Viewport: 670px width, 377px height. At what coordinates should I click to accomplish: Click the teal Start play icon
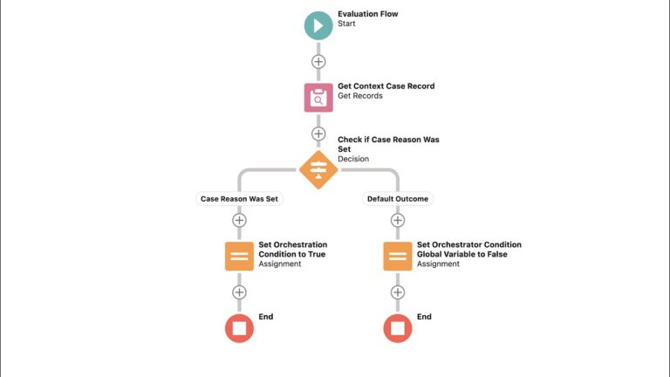pyautogui.click(x=318, y=24)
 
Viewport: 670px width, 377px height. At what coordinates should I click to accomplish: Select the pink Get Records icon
pyautogui.click(x=318, y=97)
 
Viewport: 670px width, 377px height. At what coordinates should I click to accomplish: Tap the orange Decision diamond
pyautogui.click(x=318, y=169)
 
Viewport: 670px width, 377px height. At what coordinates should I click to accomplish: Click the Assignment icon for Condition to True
pyautogui.click(x=239, y=256)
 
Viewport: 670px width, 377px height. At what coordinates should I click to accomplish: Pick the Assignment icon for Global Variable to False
pyautogui.click(x=398, y=256)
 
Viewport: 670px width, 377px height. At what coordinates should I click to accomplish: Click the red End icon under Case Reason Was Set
pyautogui.click(x=239, y=328)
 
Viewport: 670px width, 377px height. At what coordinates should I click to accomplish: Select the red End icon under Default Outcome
pyautogui.click(x=398, y=328)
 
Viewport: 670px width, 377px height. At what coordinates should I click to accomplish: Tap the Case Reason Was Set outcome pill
pyautogui.click(x=239, y=199)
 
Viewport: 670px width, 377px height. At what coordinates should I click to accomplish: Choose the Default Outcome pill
pyautogui.click(x=398, y=199)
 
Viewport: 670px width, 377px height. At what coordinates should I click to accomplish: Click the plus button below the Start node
pyautogui.click(x=318, y=61)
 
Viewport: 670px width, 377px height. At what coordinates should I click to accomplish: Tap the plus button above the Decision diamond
pyautogui.click(x=318, y=134)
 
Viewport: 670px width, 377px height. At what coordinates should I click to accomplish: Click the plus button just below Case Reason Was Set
pyautogui.click(x=239, y=220)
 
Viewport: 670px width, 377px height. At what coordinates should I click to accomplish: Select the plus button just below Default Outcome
pyautogui.click(x=398, y=220)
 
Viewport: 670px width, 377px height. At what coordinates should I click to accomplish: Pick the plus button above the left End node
pyautogui.click(x=239, y=292)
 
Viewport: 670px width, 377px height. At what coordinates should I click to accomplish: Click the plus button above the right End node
pyautogui.click(x=398, y=292)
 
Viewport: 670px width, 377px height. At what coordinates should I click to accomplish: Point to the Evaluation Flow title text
pyautogui.click(x=367, y=14)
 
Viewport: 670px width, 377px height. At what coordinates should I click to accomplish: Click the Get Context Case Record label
pyautogui.click(x=386, y=86)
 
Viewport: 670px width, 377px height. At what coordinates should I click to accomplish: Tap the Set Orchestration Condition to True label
pyautogui.click(x=292, y=250)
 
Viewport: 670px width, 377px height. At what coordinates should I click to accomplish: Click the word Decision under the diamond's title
pyautogui.click(x=352, y=159)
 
